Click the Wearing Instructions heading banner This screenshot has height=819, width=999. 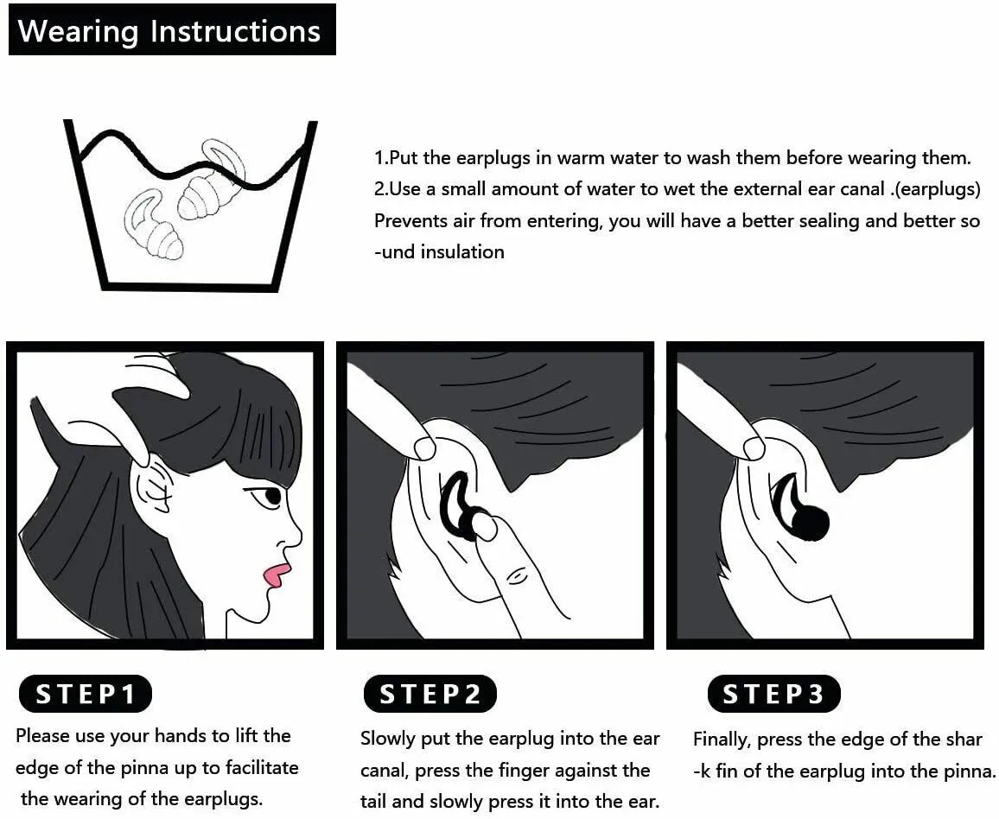(x=172, y=30)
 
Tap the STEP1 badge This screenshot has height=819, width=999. (x=86, y=694)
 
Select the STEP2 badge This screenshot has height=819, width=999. (x=430, y=694)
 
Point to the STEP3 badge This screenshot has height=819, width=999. (x=774, y=694)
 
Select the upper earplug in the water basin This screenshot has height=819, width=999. (x=213, y=183)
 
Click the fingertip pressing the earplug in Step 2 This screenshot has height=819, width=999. (x=486, y=526)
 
